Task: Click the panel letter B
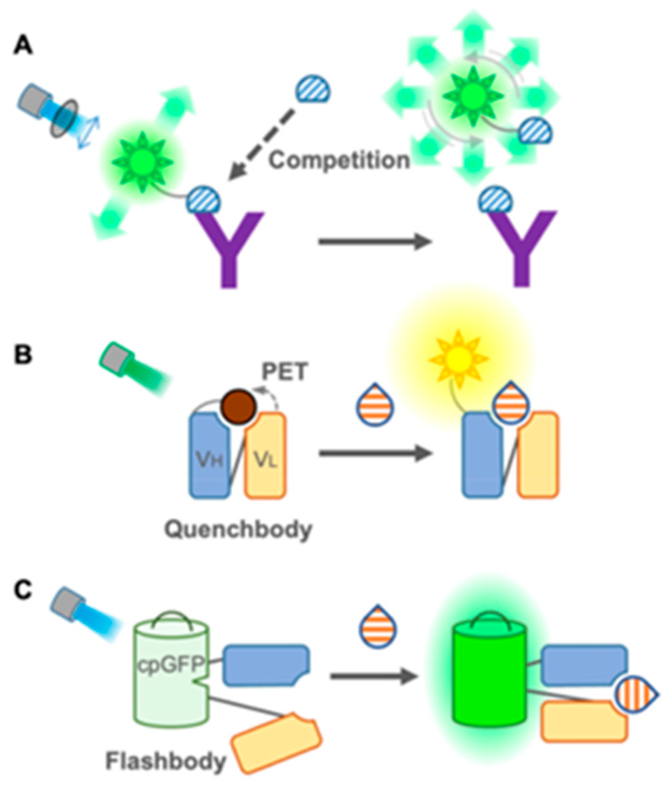[x=23, y=355]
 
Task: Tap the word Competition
[x=339, y=161]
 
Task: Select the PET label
[x=285, y=372]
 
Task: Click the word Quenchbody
[x=238, y=530]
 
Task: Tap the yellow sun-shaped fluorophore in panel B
[x=458, y=359]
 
